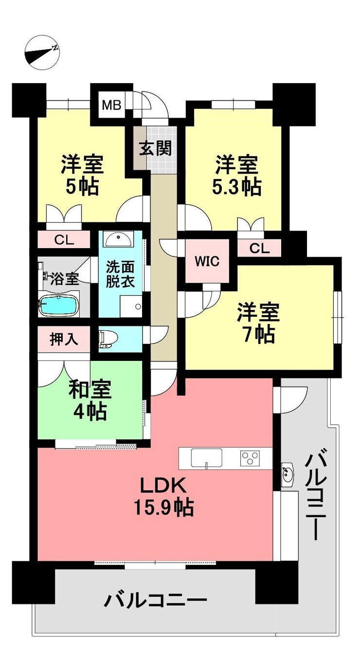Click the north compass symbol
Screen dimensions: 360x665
[42, 53]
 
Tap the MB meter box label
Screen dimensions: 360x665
[111, 105]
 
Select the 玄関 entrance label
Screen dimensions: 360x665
[156, 148]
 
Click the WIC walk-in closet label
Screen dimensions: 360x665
[207, 261]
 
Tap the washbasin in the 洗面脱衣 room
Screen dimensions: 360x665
[118, 239]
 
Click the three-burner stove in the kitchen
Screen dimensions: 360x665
[250, 457]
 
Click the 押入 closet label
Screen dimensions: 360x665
[64, 339]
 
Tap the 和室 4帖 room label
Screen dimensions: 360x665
[90, 400]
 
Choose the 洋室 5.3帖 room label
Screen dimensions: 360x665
[236, 176]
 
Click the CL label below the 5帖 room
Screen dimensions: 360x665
[64, 240]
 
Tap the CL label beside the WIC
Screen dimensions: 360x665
[259, 248]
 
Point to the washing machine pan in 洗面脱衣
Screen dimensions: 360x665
[132, 306]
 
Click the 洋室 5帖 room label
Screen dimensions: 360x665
[82, 176]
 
